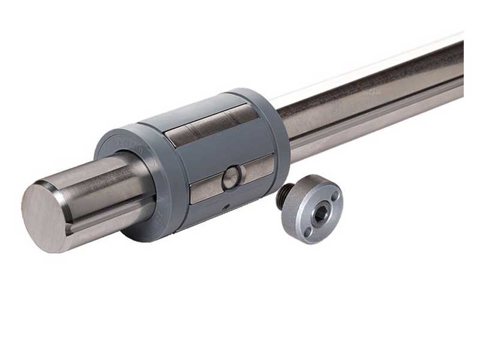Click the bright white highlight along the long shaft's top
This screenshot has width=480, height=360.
click(x=372, y=66)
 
